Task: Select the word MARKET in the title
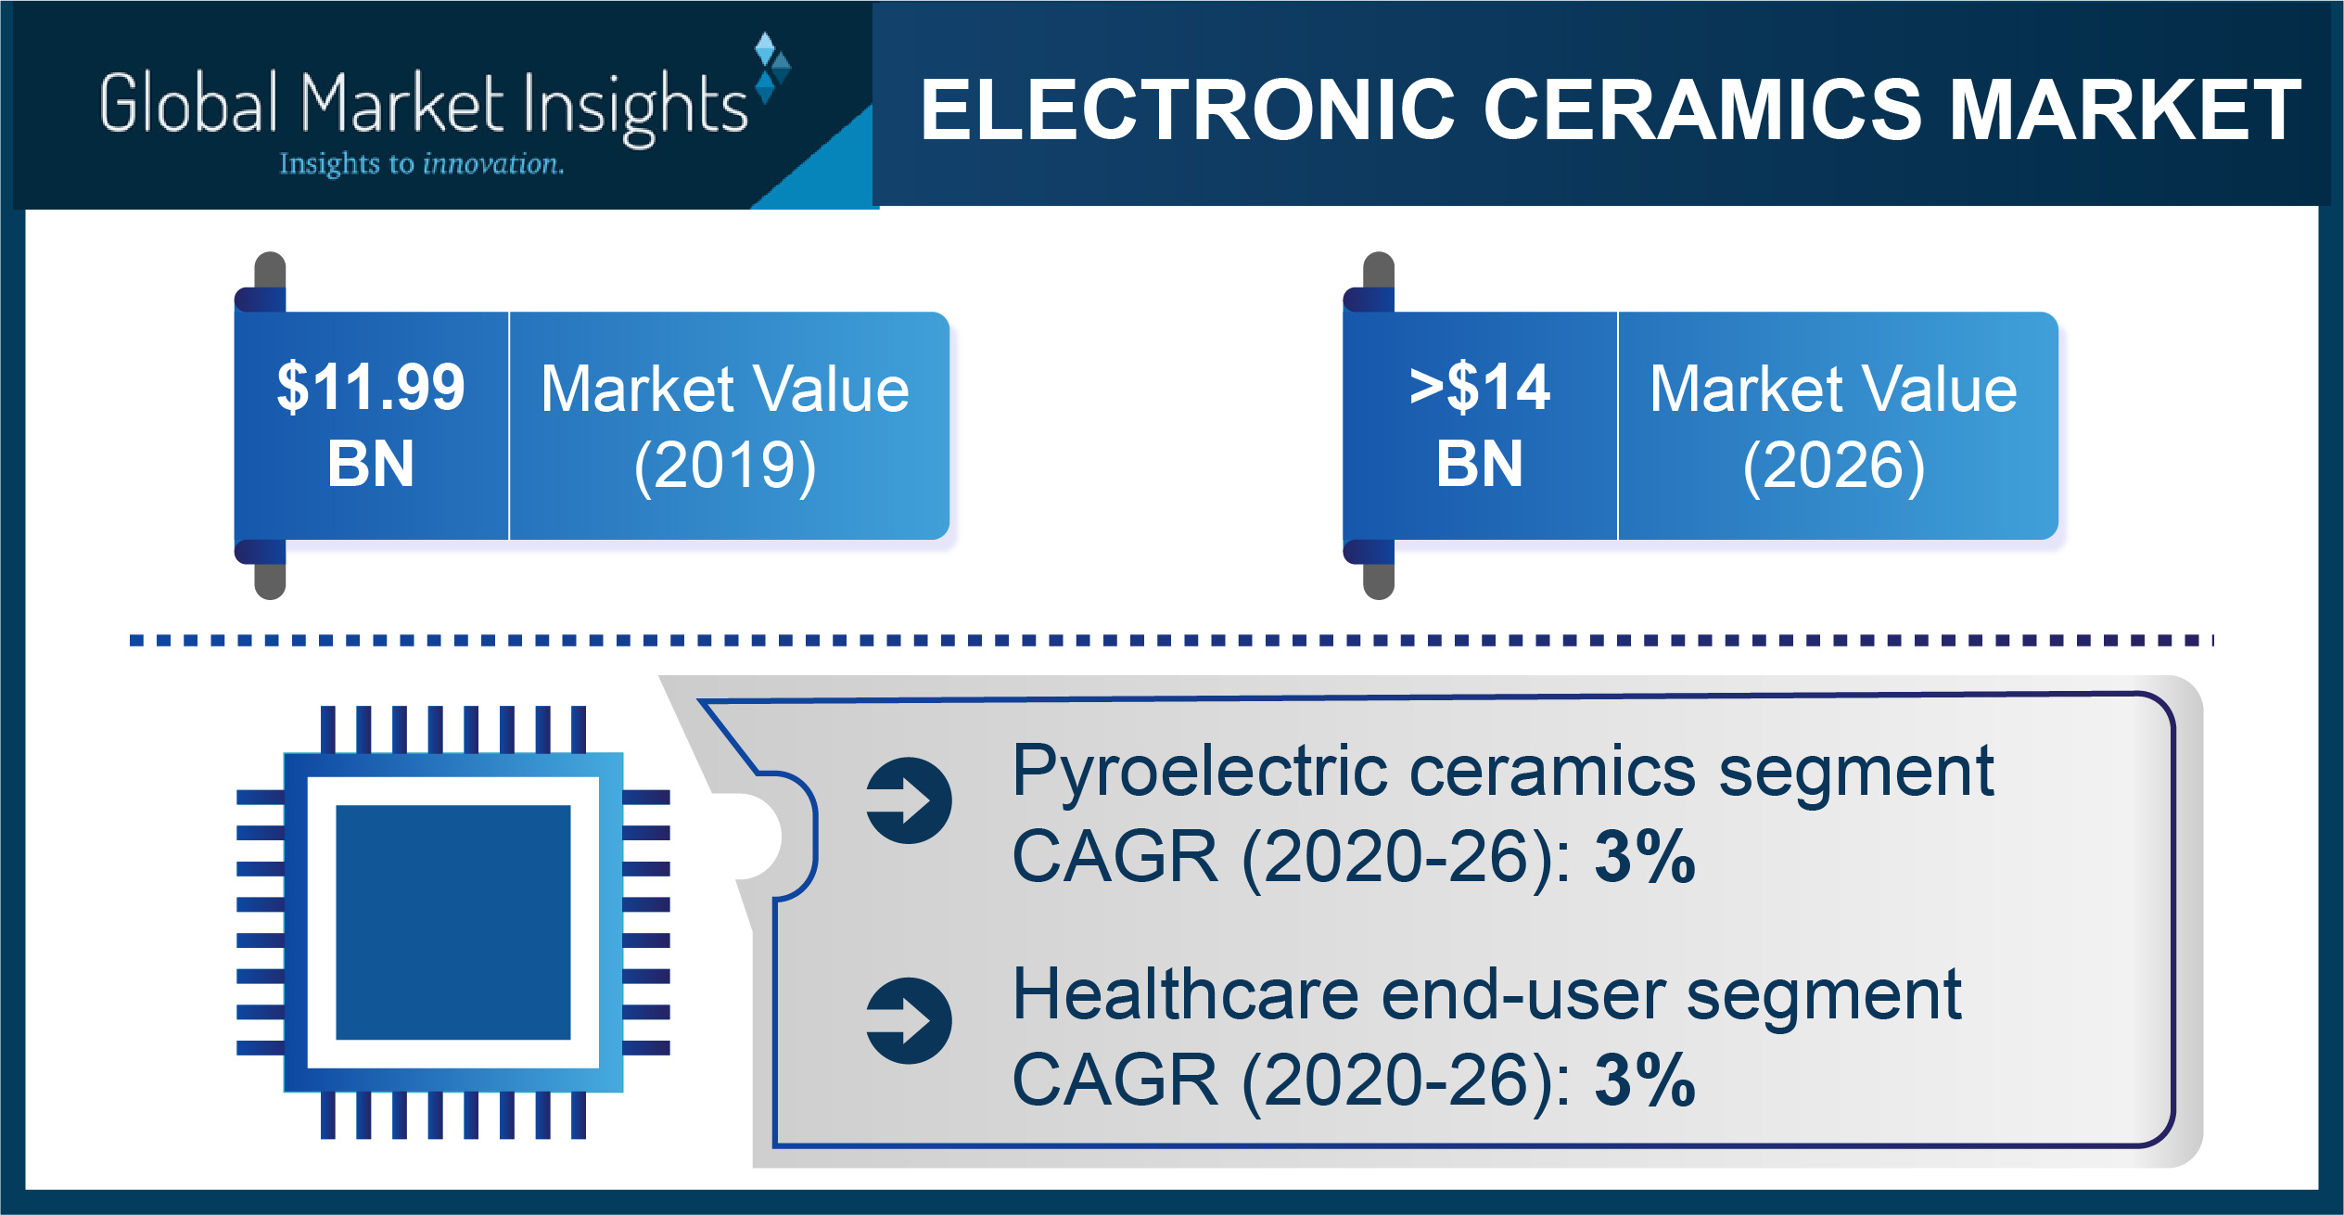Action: [x=2126, y=109]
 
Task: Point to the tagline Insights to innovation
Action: [x=422, y=164]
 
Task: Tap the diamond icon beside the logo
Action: [x=771, y=67]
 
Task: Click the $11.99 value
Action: [x=371, y=387]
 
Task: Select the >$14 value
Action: [x=1480, y=387]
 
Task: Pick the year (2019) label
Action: [x=725, y=466]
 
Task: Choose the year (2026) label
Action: [x=1834, y=466]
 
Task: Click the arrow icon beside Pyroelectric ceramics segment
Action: [x=909, y=800]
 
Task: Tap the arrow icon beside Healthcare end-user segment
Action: [x=909, y=1021]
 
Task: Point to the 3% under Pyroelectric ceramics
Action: [x=1645, y=857]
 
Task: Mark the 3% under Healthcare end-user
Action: [x=1645, y=1081]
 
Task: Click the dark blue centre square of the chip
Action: [x=453, y=922]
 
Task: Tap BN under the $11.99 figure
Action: [x=371, y=464]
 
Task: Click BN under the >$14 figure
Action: [x=1480, y=464]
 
